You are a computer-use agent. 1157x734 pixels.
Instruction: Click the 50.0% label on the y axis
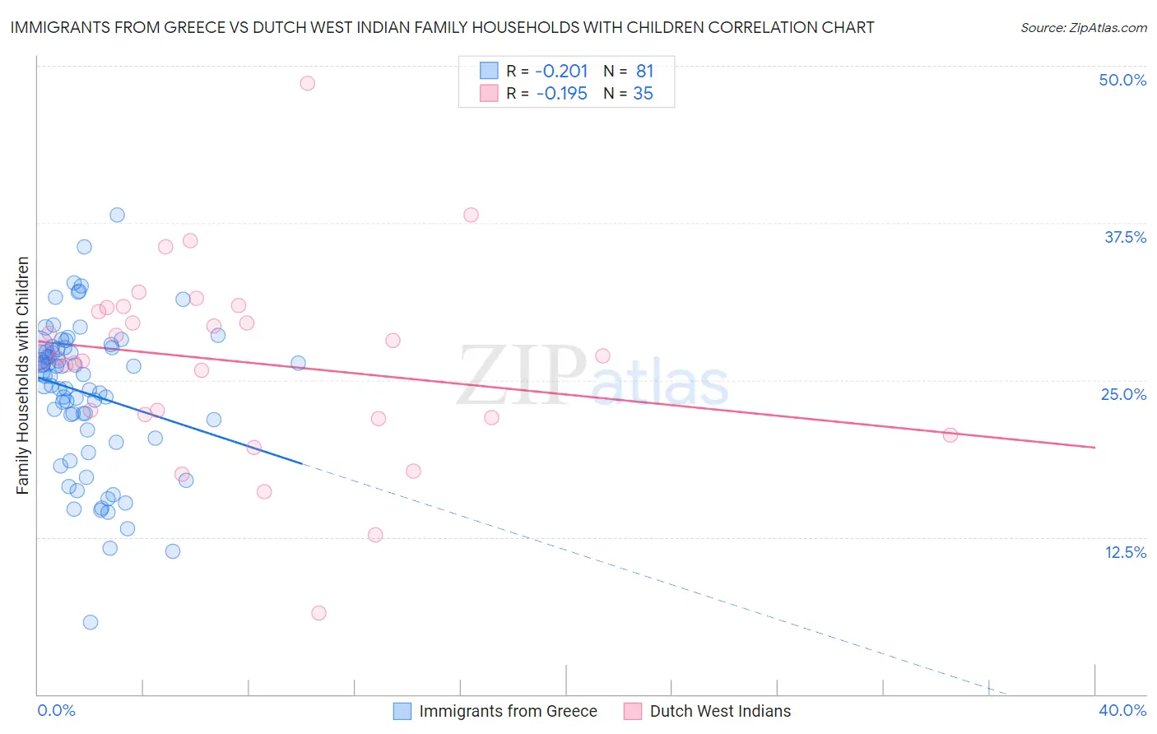(1122, 80)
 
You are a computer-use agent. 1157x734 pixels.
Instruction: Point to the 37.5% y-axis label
(1125, 237)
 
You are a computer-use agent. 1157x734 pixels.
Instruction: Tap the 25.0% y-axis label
(1123, 394)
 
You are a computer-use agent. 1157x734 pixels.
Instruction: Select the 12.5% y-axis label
(1125, 552)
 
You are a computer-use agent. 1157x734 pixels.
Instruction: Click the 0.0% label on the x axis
(56, 710)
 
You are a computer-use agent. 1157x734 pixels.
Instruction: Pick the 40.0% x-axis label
(1122, 710)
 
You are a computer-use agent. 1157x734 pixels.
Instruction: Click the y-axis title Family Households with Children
(23, 375)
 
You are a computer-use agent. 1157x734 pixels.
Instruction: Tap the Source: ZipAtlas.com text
(1083, 27)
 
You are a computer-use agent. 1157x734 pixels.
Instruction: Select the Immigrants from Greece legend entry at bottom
(508, 711)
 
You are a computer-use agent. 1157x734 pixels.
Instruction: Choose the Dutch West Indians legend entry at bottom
(719, 711)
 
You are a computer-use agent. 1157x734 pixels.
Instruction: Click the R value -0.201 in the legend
(562, 72)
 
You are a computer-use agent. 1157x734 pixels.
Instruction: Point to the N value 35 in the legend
(643, 94)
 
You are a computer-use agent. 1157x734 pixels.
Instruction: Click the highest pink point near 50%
(307, 83)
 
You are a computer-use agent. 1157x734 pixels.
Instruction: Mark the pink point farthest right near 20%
(950, 435)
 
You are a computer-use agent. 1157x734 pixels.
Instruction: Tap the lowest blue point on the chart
(91, 622)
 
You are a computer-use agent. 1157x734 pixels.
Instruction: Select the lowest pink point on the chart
(318, 613)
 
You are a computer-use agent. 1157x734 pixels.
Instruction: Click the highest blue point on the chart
(117, 215)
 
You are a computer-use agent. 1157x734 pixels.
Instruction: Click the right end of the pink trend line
(1094, 447)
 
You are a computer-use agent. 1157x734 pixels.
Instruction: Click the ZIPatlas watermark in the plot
(592, 376)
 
